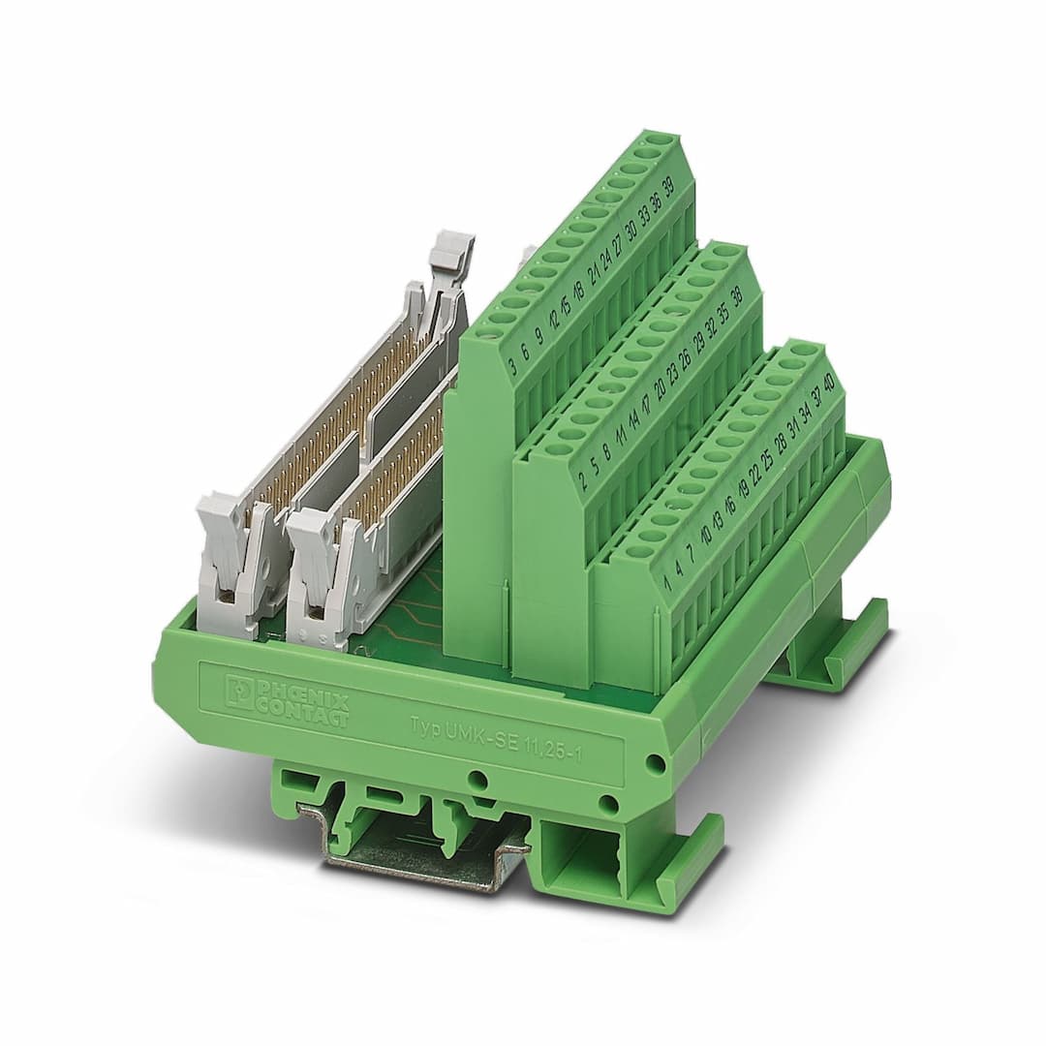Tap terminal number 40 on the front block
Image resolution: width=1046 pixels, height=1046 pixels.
coord(828,380)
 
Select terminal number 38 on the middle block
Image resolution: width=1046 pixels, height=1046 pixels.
coord(737,296)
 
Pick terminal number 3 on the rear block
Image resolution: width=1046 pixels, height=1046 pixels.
coord(511,366)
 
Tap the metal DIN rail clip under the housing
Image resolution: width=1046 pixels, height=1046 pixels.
coord(416,852)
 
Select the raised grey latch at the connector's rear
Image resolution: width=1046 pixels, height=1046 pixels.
coord(451,254)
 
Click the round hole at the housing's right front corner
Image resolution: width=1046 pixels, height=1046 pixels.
coord(656,763)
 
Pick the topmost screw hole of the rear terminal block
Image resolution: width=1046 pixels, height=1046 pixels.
coord(661,140)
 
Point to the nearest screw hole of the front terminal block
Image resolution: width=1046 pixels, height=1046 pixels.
coord(639,551)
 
